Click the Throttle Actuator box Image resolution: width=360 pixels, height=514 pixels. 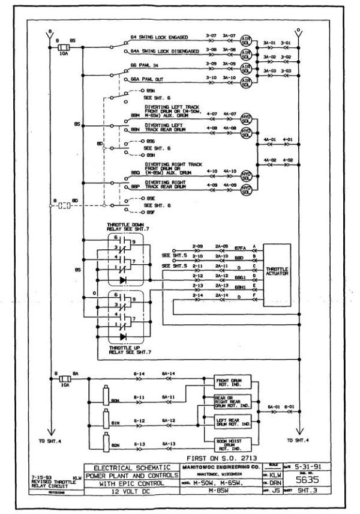(x=277, y=273)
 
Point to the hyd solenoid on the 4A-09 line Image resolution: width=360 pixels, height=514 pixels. (x=245, y=189)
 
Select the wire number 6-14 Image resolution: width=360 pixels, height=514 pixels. (x=139, y=375)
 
